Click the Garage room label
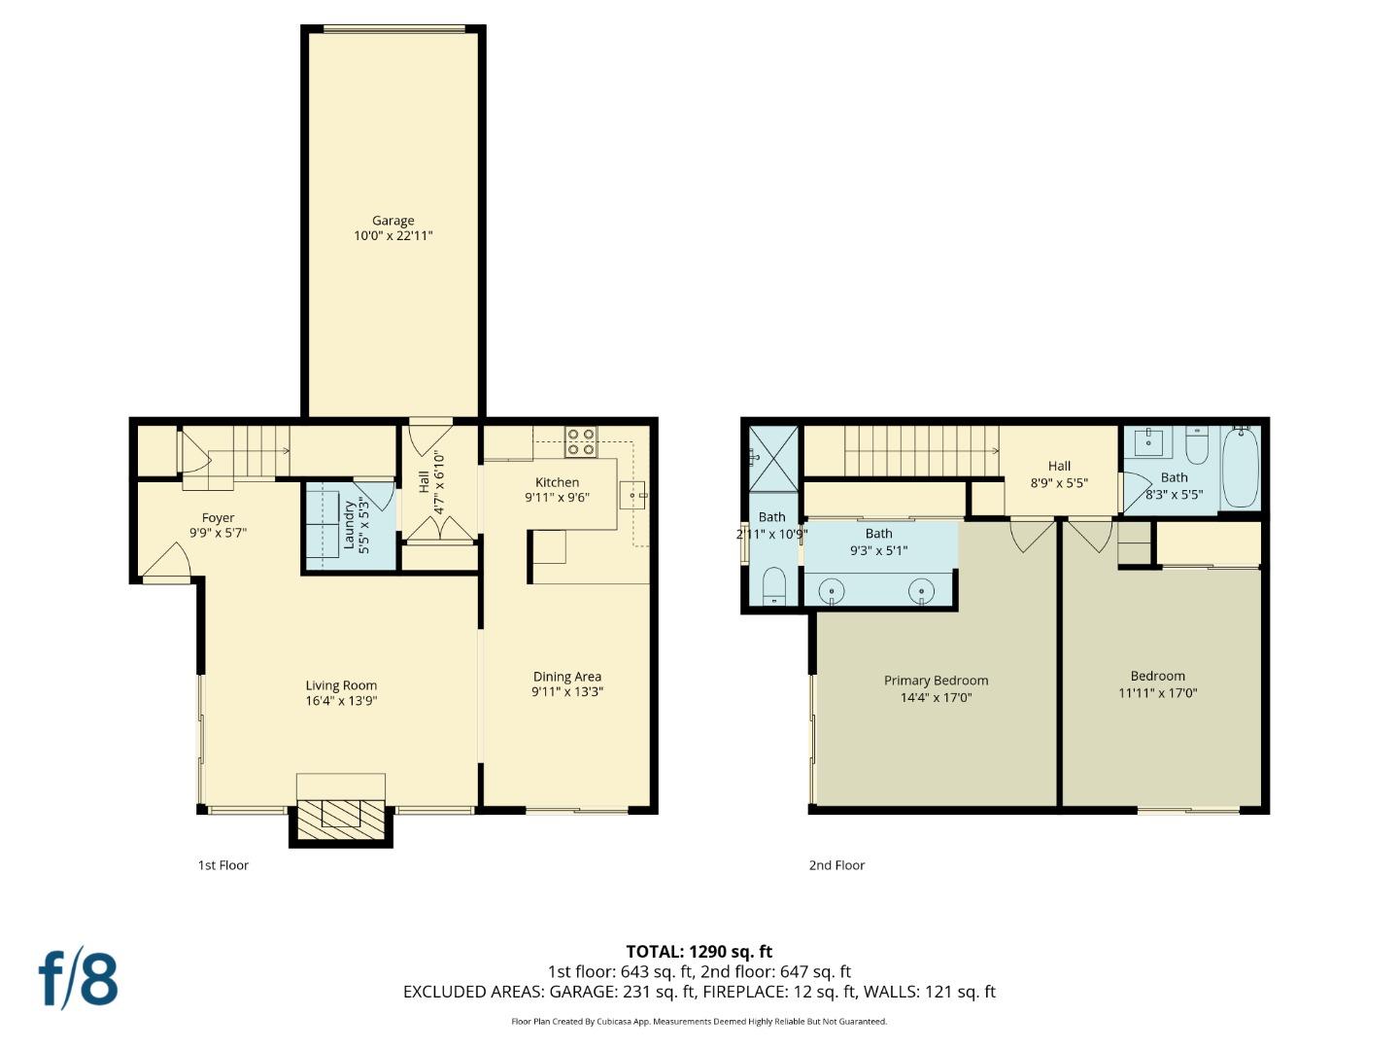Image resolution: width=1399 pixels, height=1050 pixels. tap(392, 221)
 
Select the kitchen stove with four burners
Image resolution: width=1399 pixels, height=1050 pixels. tap(581, 441)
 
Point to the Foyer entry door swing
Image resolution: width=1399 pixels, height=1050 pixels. tap(167, 562)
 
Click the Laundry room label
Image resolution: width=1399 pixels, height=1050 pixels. tap(348, 525)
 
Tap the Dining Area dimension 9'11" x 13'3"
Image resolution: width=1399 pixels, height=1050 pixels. tap(566, 692)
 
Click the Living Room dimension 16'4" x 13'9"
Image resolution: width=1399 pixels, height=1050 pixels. tap(341, 700)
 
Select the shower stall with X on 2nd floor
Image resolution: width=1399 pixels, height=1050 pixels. tap(773, 457)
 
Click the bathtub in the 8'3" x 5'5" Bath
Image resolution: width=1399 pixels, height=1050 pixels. tap(1240, 466)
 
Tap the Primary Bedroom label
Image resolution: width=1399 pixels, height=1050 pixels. tap(936, 681)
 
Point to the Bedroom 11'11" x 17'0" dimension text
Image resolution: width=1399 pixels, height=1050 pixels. tap(1157, 693)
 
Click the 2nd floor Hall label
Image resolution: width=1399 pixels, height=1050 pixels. tap(1059, 466)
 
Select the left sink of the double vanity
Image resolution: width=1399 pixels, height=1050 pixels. tap(833, 590)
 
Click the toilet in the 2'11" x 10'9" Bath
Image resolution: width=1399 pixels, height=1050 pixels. tap(773, 587)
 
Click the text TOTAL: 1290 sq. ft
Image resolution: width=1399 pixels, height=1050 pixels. tap(699, 952)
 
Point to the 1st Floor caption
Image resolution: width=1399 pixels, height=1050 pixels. tap(223, 865)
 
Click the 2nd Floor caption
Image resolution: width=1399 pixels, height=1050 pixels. tap(836, 865)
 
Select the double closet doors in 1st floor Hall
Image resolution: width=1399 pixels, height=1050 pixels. tap(440, 529)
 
